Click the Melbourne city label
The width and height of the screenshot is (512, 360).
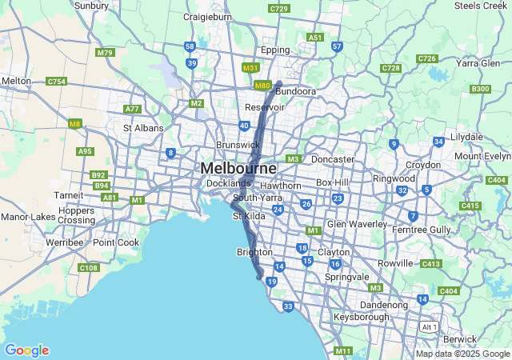[238, 169]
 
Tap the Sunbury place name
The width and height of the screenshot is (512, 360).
[91, 5]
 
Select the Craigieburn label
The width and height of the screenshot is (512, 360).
[208, 16]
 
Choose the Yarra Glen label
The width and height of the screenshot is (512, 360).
[478, 63]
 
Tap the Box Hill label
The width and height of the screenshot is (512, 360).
[332, 182]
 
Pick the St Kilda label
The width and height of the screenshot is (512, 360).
[248, 216]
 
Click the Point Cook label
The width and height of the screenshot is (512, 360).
[115, 242]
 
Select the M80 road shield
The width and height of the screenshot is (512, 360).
[262, 85]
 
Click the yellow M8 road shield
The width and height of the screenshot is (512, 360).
[75, 123]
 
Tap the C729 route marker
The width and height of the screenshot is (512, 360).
[279, 9]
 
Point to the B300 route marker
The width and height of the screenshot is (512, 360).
[480, 89]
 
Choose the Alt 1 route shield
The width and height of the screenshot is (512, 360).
[430, 327]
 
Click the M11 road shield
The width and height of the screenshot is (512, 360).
[343, 351]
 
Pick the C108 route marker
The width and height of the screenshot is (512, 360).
[89, 268]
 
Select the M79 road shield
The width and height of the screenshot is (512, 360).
[105, 52]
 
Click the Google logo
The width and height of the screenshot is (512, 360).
[26, 350]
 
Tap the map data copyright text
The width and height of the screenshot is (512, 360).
[462, 354]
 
